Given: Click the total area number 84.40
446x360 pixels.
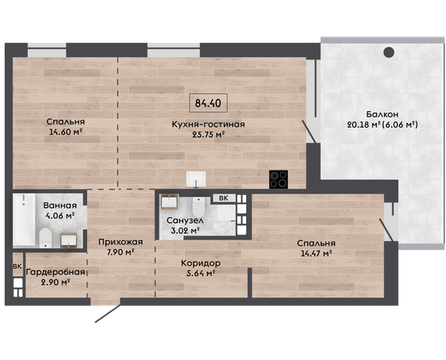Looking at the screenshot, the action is tap(208, 103).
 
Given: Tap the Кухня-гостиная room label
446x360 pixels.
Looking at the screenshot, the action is tap(208, 124).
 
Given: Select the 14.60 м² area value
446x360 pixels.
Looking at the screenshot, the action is tap(66, 132).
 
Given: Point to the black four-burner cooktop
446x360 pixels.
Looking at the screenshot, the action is tap(279, 179).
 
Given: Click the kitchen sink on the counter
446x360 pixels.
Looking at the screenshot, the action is tap(196, 179).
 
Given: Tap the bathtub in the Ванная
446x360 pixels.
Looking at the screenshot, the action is tap(24, 219).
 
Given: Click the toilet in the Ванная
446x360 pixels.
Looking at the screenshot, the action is tap(45, 237).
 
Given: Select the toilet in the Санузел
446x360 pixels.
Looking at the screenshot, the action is tap(198, 207).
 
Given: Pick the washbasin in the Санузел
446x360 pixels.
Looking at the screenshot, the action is tap(170, 201).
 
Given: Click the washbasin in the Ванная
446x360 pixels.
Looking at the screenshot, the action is tap(68, 240).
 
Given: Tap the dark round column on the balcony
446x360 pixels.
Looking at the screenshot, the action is tap(389, 52).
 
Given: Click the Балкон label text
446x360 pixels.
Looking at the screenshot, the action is tap(382, 114).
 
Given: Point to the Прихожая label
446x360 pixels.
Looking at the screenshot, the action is tap(121, 242).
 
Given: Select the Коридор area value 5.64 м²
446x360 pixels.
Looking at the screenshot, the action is tap(198, 274).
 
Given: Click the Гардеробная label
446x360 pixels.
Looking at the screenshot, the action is tap(56, 272).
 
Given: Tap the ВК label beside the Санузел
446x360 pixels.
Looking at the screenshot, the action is tap(224, 198).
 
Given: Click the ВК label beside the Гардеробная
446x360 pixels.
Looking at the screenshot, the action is tap(17, 266).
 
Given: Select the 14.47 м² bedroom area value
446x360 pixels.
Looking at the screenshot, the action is tap(317, 253).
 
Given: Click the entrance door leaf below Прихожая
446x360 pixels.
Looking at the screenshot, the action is tap(108, 314).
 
